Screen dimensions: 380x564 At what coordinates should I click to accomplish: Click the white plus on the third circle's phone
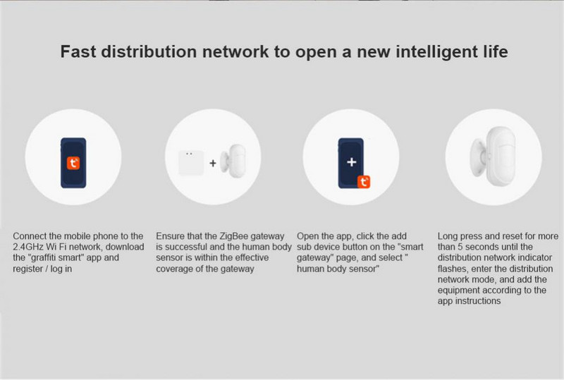[x=350, y=161]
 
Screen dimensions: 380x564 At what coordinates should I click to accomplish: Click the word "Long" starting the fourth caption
[x=449, y=235]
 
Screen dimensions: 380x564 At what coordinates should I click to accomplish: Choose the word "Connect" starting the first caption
[x=31, y=235]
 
